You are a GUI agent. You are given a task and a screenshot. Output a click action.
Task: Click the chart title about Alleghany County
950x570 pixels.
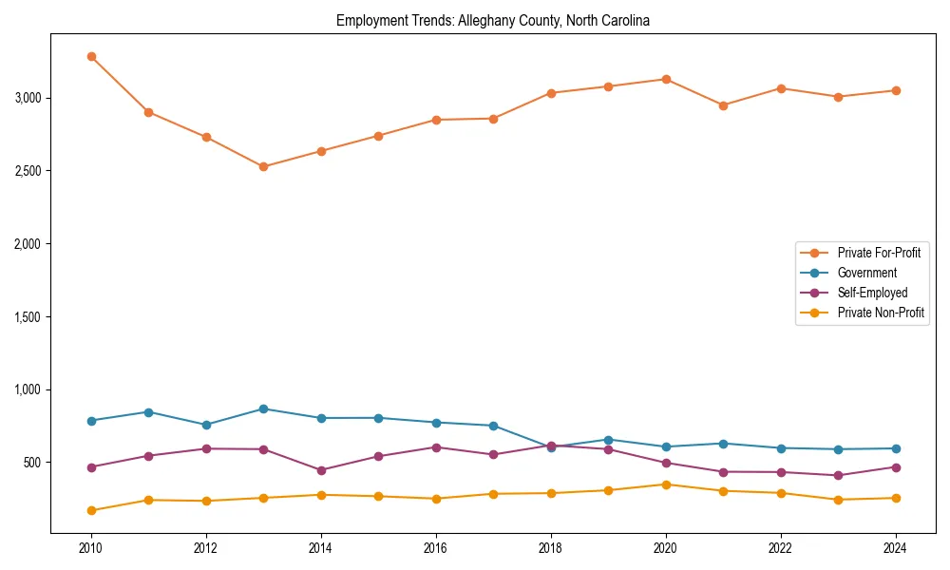click(x=492, y=21)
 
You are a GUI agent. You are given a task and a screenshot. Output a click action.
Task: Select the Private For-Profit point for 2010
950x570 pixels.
click(x=91, y=56)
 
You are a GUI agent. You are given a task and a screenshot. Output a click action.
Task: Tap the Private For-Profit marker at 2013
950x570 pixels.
click(x=263, y=167)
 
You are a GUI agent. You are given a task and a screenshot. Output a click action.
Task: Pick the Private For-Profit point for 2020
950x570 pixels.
click(x=666, y=79)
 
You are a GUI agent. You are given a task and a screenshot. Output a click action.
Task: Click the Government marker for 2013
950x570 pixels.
click(x=263, y=408)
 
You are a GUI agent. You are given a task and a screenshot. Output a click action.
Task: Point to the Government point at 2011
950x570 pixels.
click(x=148, y=411)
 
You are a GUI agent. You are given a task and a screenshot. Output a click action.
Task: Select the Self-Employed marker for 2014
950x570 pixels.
click(x=321, y=470)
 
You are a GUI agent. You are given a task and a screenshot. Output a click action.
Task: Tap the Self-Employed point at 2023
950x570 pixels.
click(x=838, y=475)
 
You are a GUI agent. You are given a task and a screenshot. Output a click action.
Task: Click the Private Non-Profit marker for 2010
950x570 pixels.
click(x=91, y=510)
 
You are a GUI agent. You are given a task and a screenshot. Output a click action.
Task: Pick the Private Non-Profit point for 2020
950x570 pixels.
click(x=666, y=484)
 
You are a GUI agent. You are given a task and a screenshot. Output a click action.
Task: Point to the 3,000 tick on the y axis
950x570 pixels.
click(x=27, y=98)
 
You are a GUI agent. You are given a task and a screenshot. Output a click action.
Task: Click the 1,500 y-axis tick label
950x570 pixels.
click(x=27, y=316)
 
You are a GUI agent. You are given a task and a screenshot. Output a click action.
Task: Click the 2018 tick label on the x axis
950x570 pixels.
click(x=551, y=547)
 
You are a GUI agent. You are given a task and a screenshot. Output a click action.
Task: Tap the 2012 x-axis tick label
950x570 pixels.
click(x=206, y=547)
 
